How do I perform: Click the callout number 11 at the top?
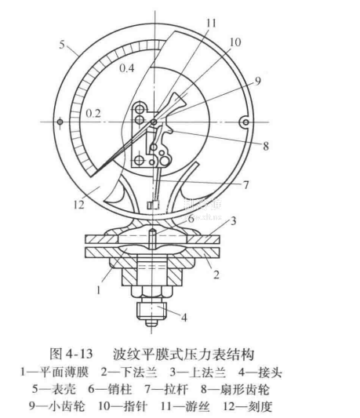tap(211, 23)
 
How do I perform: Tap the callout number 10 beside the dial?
tap(235, 42)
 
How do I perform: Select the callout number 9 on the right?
tap(257, 82)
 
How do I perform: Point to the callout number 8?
tap(266, 146)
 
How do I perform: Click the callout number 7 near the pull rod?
tap(246, 184)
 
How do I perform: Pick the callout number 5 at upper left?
tap(62, 45)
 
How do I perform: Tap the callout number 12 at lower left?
tap(79, 205)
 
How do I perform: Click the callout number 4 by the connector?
tap(184, 318)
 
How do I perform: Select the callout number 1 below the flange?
tap(99, 290)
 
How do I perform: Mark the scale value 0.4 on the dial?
tap(127, 68)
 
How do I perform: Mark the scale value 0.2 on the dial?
tap(93, 114)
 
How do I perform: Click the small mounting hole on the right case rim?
tap(245, 122)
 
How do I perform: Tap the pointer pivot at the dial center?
tap(154, 122)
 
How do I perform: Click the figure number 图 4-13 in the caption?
tap(71, 354)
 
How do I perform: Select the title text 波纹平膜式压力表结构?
tap(184, 354)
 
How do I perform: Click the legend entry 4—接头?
tap(260, 373)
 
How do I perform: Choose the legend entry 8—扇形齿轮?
tap(235, 390)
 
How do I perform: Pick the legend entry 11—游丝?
tap(185, 406)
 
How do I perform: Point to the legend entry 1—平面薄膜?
tap(55, 373)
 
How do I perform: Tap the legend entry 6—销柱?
tap(110, 390)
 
